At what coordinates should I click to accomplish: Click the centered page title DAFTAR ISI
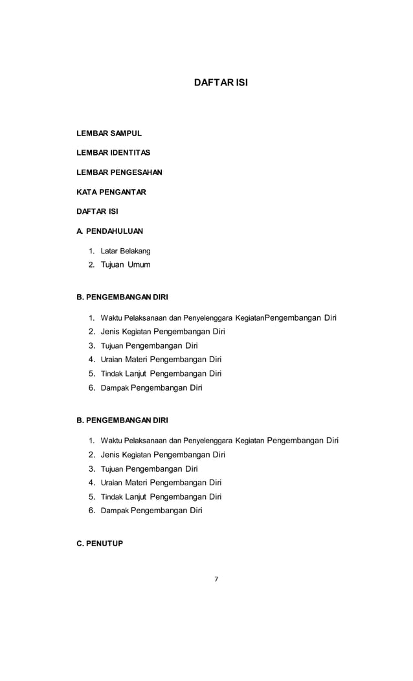click(221, 83)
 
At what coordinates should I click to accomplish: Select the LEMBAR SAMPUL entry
click(109, 133)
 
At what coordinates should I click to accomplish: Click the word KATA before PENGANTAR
click(86, 192)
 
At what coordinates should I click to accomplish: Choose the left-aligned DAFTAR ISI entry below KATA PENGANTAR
click(97, 211)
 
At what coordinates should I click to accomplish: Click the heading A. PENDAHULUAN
click(109, 231)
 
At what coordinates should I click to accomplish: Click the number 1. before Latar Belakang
click(92, 251)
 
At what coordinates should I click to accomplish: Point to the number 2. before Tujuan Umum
click(92, 264)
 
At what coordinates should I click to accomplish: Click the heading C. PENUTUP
click(100, 544)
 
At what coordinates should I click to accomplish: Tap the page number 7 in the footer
click(216, 579)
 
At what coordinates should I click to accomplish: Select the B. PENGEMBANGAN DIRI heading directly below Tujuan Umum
click(122, 297)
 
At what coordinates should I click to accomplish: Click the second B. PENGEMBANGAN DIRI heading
click(122, 420)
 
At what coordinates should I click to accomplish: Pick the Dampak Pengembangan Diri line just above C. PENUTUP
click(151, 511)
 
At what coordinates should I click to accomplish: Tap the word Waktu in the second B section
click(111, 441)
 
